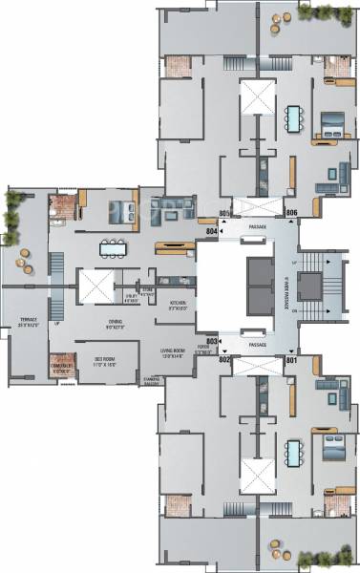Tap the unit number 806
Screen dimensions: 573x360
coord(292,213)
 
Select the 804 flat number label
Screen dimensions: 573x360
coord(212,230)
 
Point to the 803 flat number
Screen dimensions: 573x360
coord(212,339)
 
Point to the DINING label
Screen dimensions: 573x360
coord(116,322)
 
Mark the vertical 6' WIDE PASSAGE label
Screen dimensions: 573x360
coord(286,286)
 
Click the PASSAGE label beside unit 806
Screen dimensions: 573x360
coord(256,227)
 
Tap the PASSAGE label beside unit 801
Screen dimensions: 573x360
coord(256,344)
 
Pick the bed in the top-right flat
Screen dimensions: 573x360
coord(331,122)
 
